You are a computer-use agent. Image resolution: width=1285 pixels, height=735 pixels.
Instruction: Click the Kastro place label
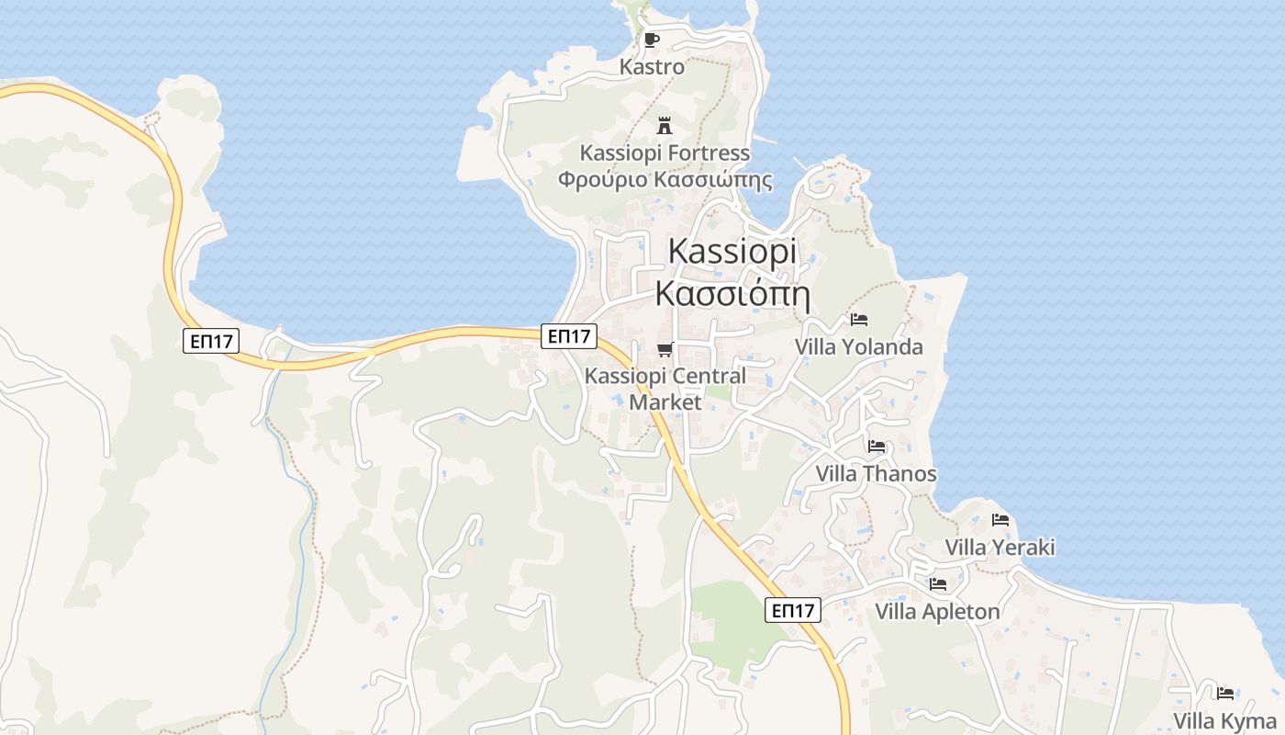[652, 67]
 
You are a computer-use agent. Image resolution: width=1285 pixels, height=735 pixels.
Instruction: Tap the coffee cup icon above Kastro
[651, 40]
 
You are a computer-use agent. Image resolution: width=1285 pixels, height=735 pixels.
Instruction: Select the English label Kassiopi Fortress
[665, 153]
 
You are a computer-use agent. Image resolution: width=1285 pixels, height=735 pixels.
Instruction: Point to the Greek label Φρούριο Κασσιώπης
[665, 179]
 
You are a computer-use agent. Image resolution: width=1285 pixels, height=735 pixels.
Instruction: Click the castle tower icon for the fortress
[665, 126]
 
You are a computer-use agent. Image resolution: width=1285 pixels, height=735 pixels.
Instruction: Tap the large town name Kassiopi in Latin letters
[732, 251]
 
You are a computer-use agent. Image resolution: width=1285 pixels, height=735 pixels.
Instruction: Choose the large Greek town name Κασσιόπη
[732, 293]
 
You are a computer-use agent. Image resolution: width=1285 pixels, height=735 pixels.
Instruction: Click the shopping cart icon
[665, 349]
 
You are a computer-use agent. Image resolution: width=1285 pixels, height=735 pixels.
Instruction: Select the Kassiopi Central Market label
[665, 389]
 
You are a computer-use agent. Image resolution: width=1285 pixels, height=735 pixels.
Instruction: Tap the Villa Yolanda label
[859, 347]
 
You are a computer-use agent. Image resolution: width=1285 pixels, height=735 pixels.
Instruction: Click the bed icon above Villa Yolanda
[859, 320]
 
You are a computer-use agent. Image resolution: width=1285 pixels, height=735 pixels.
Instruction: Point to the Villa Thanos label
[877, 474]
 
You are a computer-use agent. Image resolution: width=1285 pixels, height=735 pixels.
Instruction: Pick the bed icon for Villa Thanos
[877, 447]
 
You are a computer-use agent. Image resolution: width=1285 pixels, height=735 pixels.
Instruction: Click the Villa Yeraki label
[1000, 548]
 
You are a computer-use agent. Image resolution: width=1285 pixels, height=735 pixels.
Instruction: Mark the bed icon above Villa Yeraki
[1000, 520]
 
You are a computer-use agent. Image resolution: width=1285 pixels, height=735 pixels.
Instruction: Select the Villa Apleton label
[937, 612]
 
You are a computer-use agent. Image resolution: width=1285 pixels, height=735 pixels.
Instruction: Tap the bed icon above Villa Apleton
[937, 584]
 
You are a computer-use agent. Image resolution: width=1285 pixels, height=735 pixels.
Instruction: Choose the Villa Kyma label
[1225, 721]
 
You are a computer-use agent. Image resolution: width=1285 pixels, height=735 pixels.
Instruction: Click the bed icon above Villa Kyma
[1225, 694]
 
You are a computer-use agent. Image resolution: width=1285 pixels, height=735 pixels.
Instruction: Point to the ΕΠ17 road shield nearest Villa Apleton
[793, 610]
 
